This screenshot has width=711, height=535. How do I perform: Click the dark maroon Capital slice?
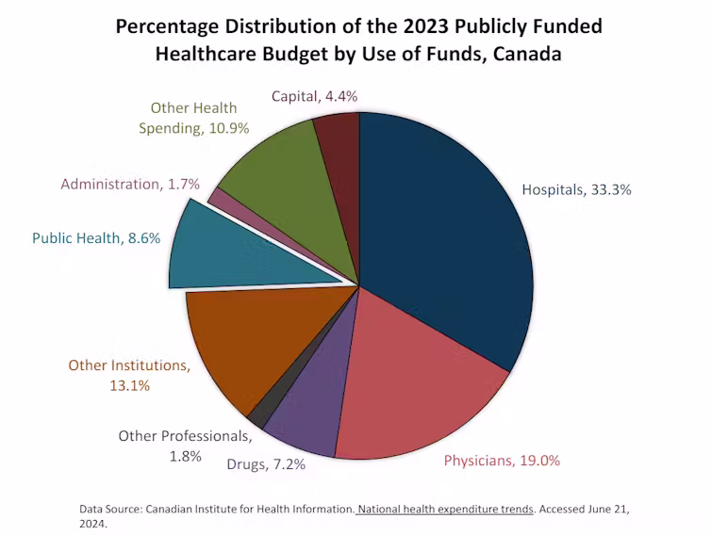pyautogui.click(x=338, y=141)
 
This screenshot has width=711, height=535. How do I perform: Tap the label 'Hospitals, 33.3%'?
pyautogui.click(x=576, y=189)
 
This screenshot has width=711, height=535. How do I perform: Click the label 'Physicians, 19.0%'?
pyautogui.click(x=502, y=461)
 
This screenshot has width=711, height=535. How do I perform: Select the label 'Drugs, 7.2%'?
pyautogui.click(x=266, y=463)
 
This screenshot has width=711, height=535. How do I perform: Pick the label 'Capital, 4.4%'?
pyautogui.click(x=314, y=95)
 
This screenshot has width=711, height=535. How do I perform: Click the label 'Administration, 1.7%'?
pyautogui.click(x=130, y=184)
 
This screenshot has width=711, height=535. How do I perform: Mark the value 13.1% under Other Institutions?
pyautogui.click(x=129, y=385)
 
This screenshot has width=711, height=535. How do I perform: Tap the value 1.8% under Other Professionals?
pyautogui.click(x=186, y=456)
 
